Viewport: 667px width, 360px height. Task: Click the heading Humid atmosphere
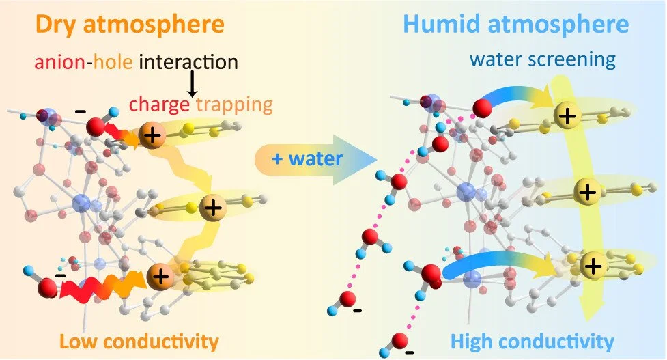[515, 25]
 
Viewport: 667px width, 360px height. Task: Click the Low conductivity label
[139, 340]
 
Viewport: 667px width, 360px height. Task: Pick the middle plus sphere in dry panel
[214, 206]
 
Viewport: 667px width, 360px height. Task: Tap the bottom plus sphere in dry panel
[161, 276]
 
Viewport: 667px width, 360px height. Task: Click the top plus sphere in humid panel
[566, 116]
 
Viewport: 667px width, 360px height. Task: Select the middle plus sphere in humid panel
[586, 191]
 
